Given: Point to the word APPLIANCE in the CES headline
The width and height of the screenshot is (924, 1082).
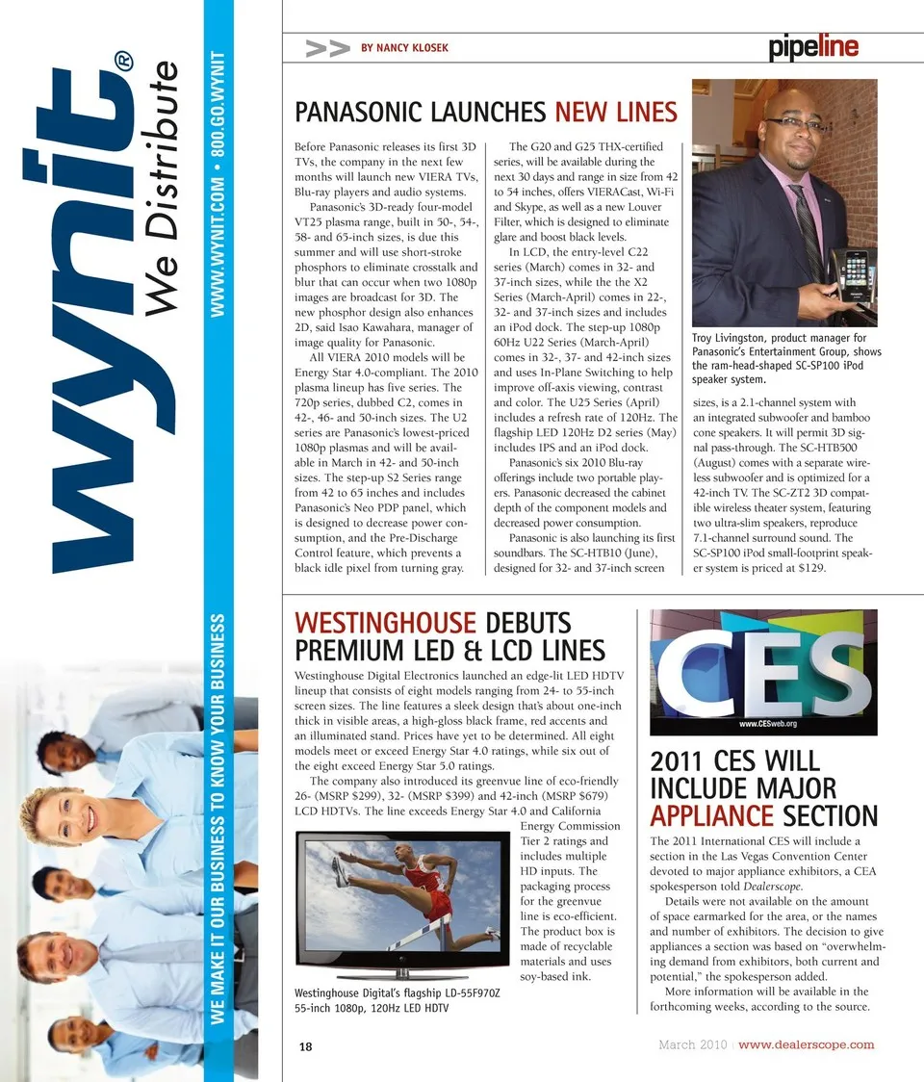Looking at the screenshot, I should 711,816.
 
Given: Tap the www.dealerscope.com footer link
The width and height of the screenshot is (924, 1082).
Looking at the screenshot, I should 807,1044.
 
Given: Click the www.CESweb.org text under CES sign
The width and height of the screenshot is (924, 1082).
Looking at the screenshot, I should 767,722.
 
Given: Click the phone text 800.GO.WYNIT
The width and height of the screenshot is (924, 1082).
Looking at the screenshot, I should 218,105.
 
